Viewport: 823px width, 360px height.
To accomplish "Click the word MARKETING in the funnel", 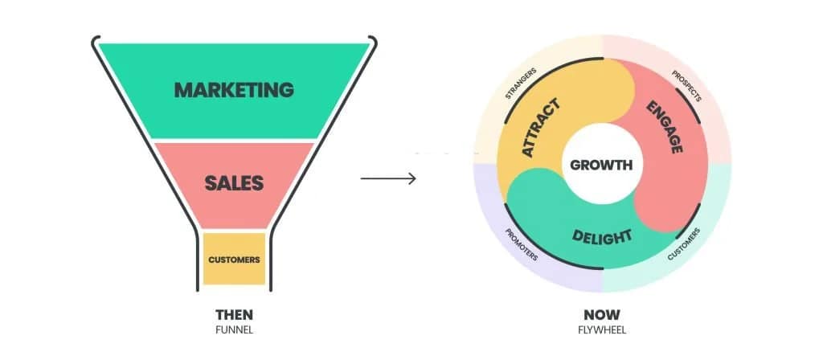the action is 234,90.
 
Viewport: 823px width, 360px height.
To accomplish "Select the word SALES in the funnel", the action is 234,183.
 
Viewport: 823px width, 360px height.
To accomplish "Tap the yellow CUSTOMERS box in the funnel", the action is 234,260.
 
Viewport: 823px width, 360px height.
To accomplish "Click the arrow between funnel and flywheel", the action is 388,178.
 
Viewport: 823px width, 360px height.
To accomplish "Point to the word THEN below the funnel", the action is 234,315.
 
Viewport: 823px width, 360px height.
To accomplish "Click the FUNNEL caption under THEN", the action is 234,330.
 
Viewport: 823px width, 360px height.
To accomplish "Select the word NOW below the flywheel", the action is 602,315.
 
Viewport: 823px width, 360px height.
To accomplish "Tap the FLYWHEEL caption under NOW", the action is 602,330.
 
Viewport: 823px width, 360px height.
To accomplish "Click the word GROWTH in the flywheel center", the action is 601,165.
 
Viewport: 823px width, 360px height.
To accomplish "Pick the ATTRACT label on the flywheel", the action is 541,128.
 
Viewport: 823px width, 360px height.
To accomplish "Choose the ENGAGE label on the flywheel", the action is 665,127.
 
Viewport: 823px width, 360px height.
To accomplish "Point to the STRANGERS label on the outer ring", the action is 521,83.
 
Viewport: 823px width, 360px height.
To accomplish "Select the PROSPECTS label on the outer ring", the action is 686,85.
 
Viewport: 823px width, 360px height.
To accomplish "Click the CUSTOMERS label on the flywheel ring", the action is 684,244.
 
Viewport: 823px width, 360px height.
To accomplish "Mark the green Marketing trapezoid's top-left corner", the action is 99,44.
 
